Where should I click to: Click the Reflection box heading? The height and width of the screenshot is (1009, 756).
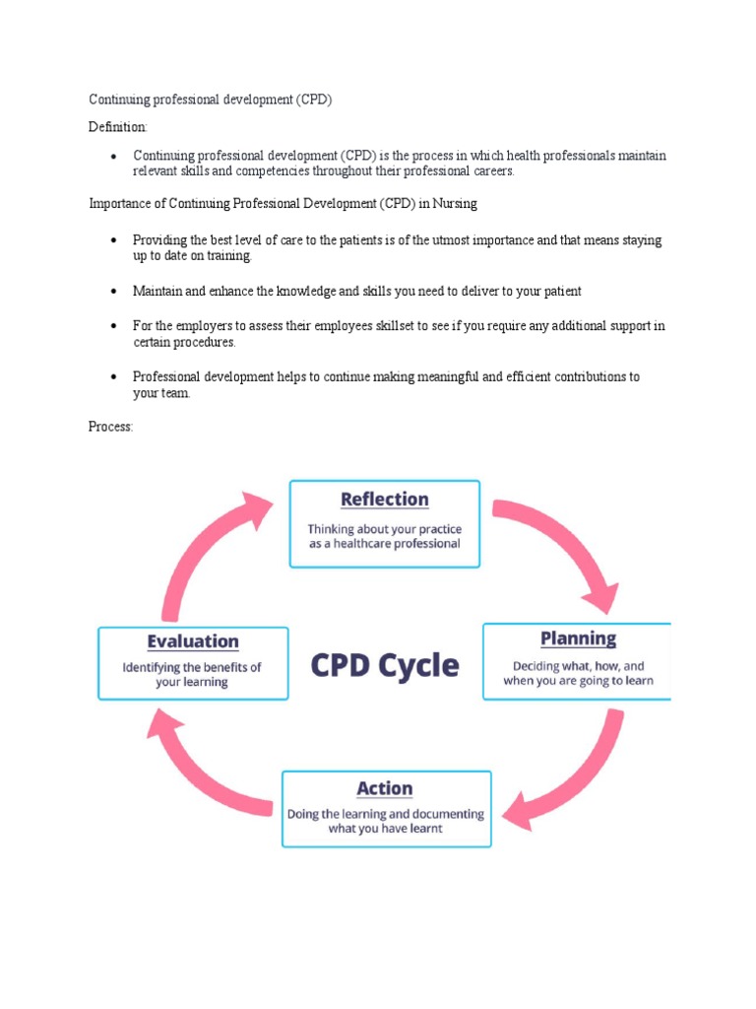click(x=384, y=500)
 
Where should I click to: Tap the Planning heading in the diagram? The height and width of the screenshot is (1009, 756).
click(x=578, y=639)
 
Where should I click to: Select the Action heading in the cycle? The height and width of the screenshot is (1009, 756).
click(x=385, y=788)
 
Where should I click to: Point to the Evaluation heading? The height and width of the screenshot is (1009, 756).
click(x=193, y=641)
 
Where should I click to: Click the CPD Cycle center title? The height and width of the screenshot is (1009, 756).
click(x=385, y=665)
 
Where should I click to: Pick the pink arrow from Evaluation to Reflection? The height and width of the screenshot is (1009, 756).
click(x=212, y=547)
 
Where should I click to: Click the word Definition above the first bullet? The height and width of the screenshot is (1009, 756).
click(x=117, y=127)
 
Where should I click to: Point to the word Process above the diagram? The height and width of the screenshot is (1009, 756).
click(x=110, y=427)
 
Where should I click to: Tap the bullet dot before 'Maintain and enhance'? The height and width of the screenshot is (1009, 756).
click(x=114, y=292)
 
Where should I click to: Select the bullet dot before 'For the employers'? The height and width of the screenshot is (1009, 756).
click(x=114, y=325)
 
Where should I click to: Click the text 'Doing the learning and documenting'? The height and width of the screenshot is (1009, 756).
click(x=385, y=814)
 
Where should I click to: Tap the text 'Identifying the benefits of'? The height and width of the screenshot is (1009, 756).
click(x=192, y=666)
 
